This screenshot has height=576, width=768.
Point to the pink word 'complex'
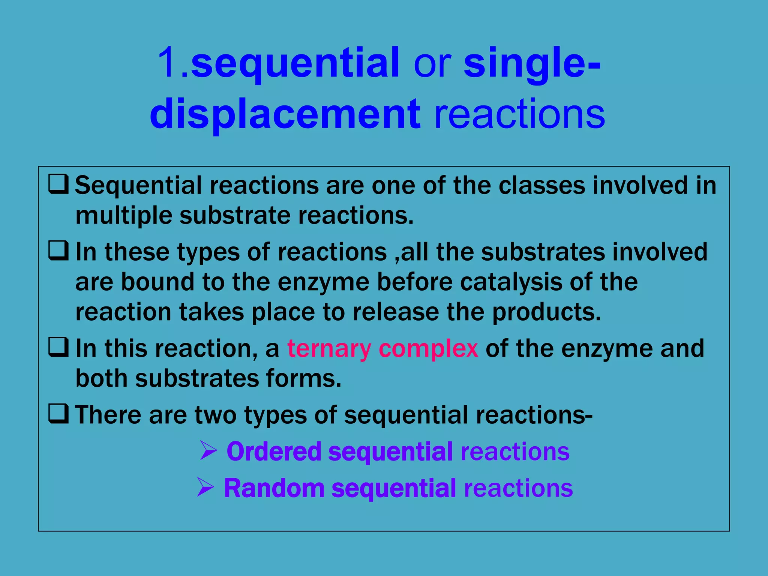pyautogui.click(x=428, y=349)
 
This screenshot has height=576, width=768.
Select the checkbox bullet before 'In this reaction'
pyautogui.click(x=58, y=347)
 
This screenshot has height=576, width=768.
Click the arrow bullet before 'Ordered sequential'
pyautogui.click(x=208, y=450)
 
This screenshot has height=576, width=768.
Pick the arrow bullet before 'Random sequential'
pyautogui.click(x=205, y=487)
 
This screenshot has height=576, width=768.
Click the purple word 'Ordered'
pyautogui.click(x=274, y=451)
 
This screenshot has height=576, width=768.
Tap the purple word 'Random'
pyautogui.click(x=274, y=488)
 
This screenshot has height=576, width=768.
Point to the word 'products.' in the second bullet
pyautogui.click(x=546, y=312)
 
